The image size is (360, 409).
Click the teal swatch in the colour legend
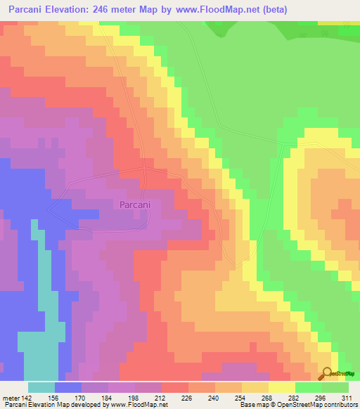point(41,387)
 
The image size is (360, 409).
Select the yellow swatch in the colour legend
point(281,387)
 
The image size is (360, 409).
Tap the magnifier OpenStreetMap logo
point(328,375)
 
